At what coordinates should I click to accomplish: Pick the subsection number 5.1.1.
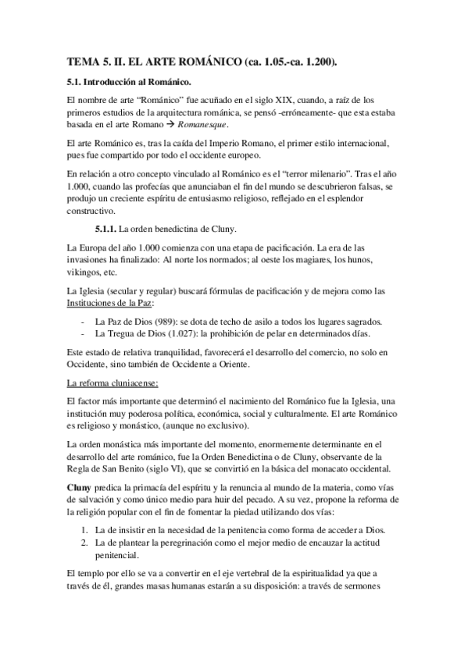click(x=105, y=228)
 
